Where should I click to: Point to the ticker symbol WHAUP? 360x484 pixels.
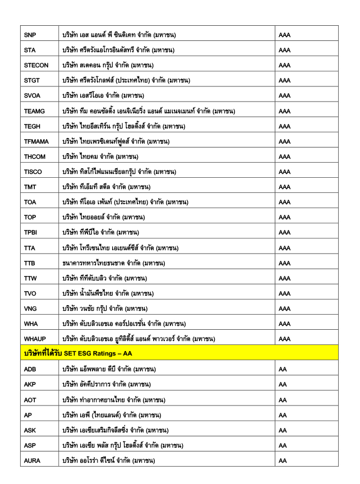tap(35, 339)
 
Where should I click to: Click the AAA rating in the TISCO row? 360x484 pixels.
tap(284, 172)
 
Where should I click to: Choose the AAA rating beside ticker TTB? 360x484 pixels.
tap(284, 263)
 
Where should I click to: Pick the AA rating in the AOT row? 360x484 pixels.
tap(283, 400)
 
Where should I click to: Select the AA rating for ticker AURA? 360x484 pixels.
tap(283, 460)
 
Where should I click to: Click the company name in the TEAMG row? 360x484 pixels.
tap(149, 111)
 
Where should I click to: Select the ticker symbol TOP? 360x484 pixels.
tap(30, 217)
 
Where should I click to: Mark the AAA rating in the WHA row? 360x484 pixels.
tap(284, 324)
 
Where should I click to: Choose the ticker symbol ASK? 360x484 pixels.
tap(30, 430)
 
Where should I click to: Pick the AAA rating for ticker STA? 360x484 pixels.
tap(284, 50)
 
